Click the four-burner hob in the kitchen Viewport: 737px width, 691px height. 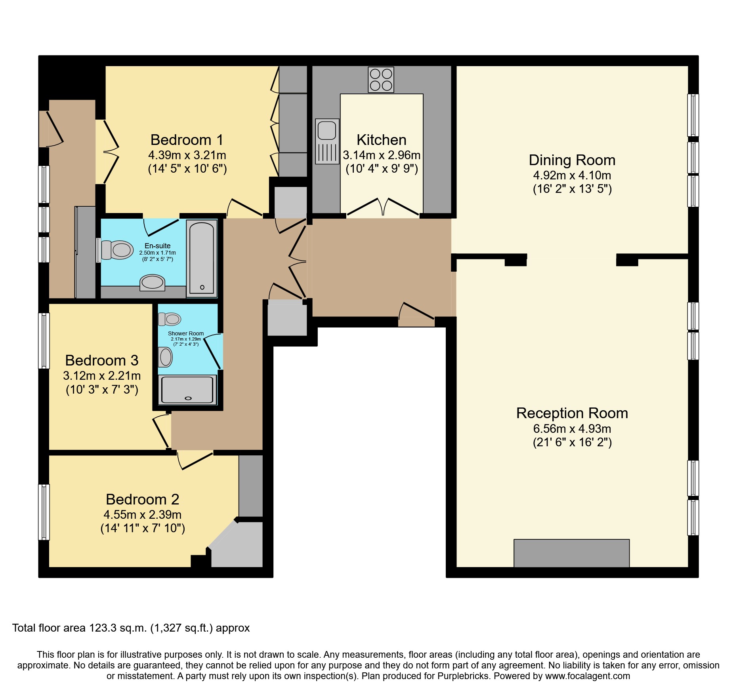point(381,80)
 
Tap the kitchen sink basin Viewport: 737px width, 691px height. point(327,130)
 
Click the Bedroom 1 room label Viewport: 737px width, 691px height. point(187,140)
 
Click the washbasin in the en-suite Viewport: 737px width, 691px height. point(153,282)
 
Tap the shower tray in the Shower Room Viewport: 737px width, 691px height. point(187,390)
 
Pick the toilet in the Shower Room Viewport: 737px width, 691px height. point(170,319)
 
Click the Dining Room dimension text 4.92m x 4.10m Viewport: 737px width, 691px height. point(572,175)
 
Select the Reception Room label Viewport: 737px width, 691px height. point(572,413)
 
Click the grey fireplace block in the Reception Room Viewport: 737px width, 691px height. point(571,553)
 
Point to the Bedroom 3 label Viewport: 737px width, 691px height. point(102,360)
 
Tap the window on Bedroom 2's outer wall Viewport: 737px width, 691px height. point(44,512)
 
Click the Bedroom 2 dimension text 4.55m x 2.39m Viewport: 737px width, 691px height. point(142,514)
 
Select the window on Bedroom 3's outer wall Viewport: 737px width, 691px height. point(44,341)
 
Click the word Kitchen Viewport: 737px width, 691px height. point(381,140)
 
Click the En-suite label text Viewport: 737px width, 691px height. point(157,246)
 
